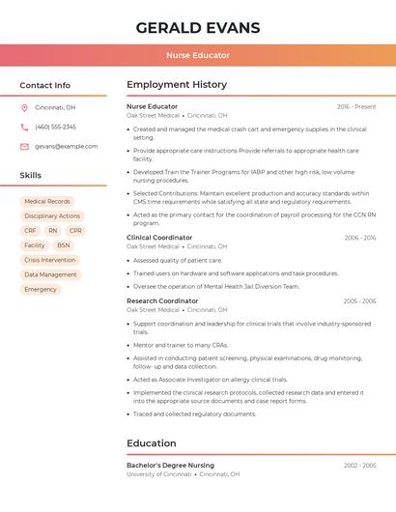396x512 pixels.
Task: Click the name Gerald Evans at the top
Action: (x=198, y=26)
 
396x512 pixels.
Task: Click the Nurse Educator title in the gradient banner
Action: (x=198, y=56)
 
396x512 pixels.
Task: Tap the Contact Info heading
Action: (x=44, y=85)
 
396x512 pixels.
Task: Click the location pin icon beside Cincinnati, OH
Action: (x=24, y=107)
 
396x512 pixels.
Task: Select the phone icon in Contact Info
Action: (x=24, y=127)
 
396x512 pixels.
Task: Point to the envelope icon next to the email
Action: (x=24, y=147)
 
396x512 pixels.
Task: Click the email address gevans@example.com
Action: (x=66, y=147)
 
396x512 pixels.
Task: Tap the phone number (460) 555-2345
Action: (x=55, y=127)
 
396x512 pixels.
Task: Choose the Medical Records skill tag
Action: (x=47, y=202)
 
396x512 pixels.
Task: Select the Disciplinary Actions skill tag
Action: (x=52, y=216)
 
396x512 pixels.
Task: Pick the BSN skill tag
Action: (x=64, y=245)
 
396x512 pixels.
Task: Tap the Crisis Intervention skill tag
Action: (x=49, y=260)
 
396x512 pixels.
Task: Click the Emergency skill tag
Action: (x=41, y=289)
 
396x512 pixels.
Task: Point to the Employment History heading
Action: (x=177, y=85)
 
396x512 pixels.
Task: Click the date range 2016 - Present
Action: (x=356, y=107)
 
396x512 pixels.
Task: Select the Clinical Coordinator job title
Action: (x=159, y=238)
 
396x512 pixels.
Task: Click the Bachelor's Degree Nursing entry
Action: (x=170, y=466)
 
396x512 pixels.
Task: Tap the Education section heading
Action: (x=152, y=443)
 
